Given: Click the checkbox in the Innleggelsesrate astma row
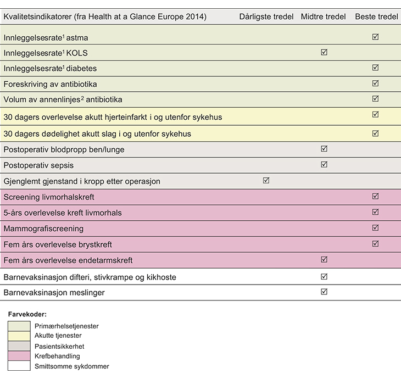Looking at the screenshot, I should [375, 37].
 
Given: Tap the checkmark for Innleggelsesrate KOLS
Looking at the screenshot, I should [324, 53].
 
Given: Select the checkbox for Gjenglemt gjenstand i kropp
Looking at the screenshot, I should [266, 180].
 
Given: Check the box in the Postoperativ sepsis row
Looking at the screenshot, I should [324, 164].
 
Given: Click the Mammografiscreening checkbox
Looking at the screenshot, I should [375, 227].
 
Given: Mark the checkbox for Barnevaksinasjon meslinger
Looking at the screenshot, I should [324, 292].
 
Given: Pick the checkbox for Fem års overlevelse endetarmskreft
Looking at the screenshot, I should [324, 259].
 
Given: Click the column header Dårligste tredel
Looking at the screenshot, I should [266, 17].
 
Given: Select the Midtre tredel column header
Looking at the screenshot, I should [323, 17].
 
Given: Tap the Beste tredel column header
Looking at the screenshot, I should [376, 17].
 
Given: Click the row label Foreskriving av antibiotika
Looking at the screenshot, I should [50, 85].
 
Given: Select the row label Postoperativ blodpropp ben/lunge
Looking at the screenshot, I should [64, 149].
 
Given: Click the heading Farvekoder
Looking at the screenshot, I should [27, 315].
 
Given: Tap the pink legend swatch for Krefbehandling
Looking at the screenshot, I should [19, 356].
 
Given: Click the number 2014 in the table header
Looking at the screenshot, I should [196, 17].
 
